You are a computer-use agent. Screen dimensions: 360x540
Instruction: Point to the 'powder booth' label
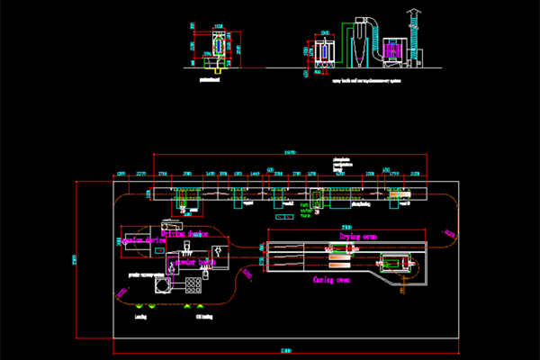click(193, 264)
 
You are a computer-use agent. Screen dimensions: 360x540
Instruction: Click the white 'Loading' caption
click(140, 317)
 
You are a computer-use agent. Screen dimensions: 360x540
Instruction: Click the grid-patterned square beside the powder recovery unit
click(193, 287)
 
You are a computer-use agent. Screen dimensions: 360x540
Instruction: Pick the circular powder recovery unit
click(163, 286)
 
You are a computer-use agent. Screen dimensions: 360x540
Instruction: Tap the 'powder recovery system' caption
click(146, 274)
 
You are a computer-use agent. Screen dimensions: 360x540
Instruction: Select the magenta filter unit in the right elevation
click(392, 51)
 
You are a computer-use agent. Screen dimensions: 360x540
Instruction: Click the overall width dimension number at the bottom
click(286, 350)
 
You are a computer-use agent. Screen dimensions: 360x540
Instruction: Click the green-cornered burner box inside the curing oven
click(395, 265)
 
